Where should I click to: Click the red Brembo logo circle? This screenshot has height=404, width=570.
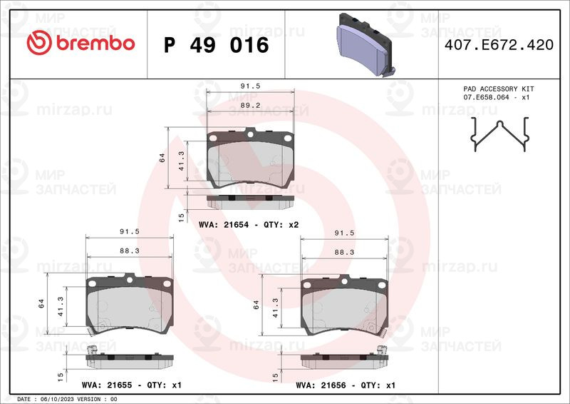click(39, 43)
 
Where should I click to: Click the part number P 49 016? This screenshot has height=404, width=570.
click(217, 45)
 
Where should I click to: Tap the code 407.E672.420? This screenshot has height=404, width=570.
click(499, 45)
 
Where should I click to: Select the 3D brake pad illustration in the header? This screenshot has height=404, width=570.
click(365, 45)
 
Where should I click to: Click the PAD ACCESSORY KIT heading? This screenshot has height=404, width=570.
click(498, 89)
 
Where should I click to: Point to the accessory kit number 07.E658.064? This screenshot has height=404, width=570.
click(486, 98)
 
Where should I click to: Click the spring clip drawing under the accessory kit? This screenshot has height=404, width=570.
click(500, 133)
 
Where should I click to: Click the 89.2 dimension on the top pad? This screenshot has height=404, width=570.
click(251, 105)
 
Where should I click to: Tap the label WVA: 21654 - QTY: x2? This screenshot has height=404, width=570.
click(249, 225)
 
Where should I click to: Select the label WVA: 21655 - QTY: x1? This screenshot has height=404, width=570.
click(132, 385)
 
